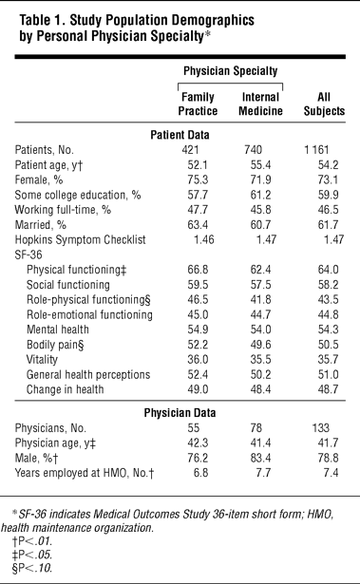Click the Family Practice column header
198,104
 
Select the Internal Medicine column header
260,104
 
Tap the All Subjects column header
324,104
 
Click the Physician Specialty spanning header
230,71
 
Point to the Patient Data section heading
180,135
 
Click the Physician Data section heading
180,413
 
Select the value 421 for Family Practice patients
190,150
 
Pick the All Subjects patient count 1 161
316,150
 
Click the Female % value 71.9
260,179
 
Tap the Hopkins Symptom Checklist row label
80,239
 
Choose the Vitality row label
42,359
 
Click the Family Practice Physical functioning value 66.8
198,270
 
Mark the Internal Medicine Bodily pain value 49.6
260,345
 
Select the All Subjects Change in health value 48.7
328,389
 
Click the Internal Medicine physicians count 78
256,428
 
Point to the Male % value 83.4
260,458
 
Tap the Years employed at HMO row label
85,473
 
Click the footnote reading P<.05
32,555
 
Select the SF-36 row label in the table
28,254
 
